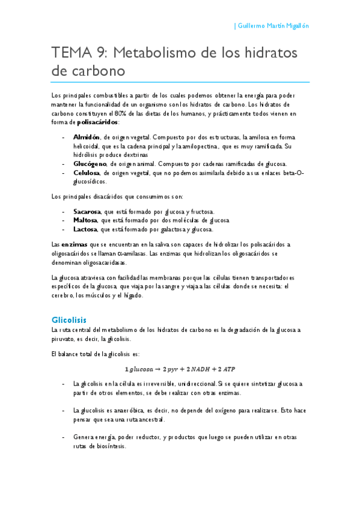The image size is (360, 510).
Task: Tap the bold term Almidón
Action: [x=87, y=137]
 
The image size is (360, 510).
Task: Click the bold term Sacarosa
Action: [x=88, y=212]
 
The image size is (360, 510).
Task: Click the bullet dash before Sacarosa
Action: [x=64, y=212]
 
